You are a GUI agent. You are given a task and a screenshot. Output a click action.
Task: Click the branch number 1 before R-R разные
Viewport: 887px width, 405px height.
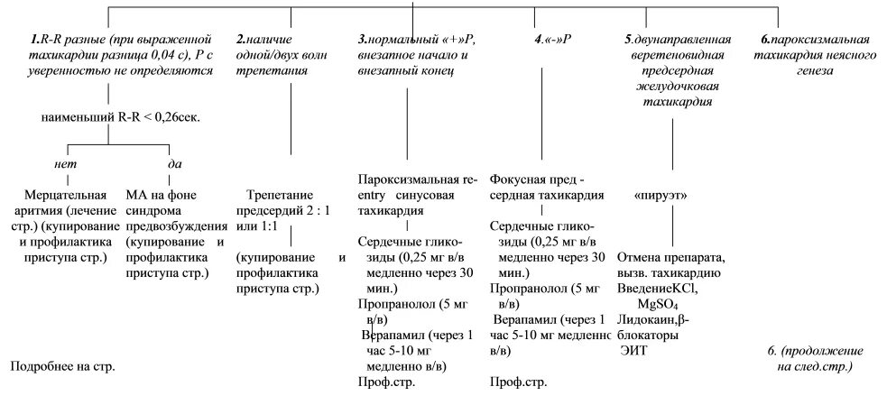[32, 41]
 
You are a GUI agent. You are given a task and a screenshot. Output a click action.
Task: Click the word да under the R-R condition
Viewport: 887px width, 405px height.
[175, 164]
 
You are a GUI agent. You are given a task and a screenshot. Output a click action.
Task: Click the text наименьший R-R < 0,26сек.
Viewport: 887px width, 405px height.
[121, 117]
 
